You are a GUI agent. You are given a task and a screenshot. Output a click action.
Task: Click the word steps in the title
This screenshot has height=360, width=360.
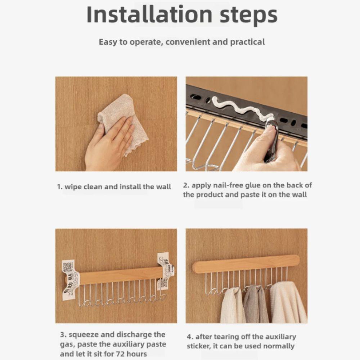pyautogui.click(x=245, y=15)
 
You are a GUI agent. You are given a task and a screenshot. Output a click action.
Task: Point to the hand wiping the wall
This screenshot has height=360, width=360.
pyautogui.click(x=108, y=144)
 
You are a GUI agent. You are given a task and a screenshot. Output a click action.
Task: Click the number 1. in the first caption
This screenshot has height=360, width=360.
pyautogui.click(x=60, y=187)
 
